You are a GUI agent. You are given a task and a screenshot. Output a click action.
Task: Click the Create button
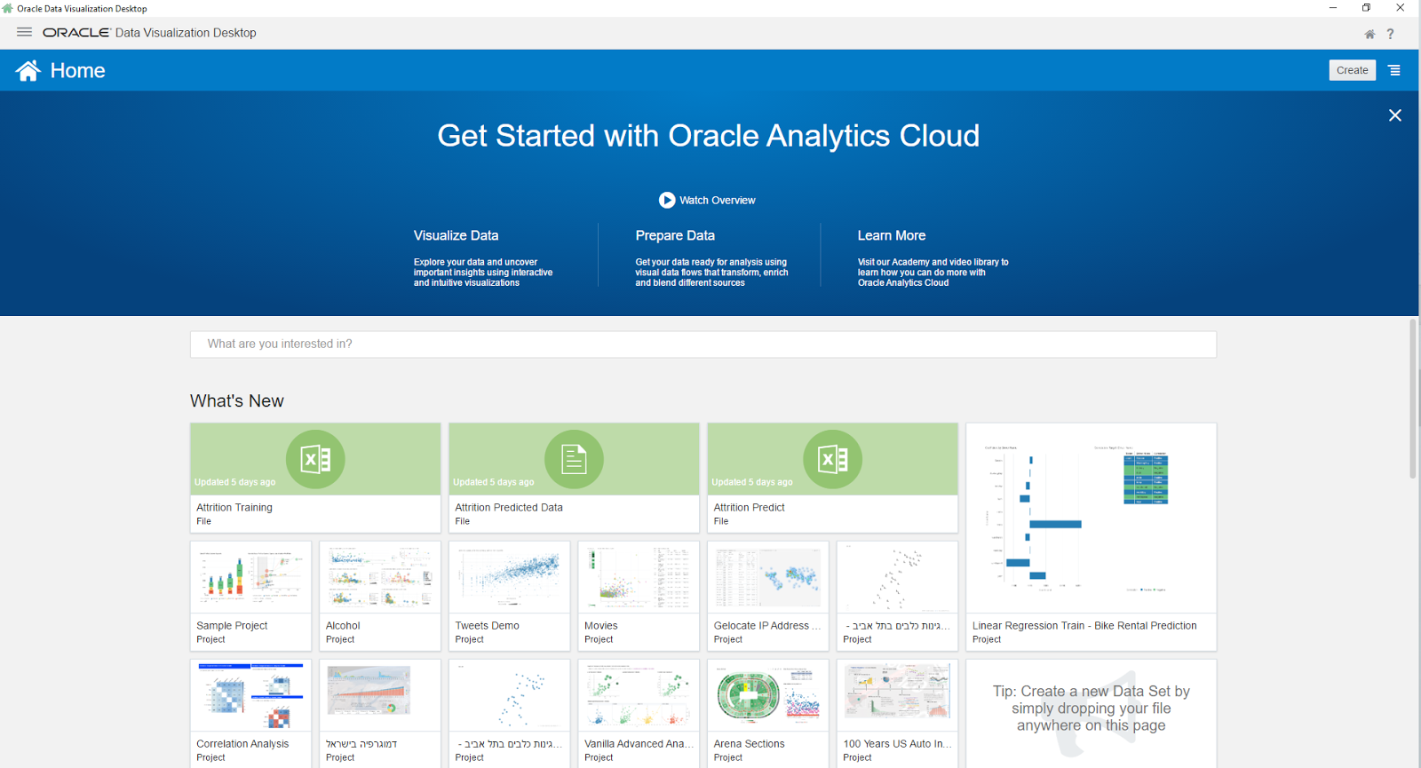(x=1352, y=70)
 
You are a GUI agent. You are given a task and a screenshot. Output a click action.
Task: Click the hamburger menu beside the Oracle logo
(x=24, y=32)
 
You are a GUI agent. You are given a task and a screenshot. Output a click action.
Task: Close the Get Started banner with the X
(x=1395, y=115)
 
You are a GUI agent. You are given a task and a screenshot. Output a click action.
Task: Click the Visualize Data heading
(x=456, y=235)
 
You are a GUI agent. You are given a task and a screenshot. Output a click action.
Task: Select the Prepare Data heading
(x=675, y=235)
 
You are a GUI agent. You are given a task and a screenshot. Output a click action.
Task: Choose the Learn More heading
(x=892, y=235)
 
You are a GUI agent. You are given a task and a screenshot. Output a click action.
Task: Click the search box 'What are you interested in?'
(x=703, y=344)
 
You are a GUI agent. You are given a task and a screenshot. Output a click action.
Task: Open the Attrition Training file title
(x=234, y=508)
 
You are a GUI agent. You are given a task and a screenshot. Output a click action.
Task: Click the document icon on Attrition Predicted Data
(x=574, y=459)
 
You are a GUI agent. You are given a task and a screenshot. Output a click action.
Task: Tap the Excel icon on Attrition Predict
(x=832, y=459)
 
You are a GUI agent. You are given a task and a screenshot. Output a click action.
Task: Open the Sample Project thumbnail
(x=250, y=577)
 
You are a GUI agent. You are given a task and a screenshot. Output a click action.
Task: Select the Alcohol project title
(x=343, y=626)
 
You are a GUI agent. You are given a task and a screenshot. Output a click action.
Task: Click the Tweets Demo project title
(x=488, y=626)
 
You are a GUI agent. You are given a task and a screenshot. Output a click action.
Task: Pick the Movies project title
(x=601, y=626)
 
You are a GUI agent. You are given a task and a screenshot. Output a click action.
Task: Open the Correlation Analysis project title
(x=242, y=744)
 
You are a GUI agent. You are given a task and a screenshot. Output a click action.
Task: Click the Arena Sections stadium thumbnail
(x=767, y=694)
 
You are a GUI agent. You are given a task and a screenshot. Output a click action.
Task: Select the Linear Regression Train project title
(x=1084, y=626)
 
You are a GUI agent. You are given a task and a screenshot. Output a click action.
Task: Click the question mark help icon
(x=1391, y=34)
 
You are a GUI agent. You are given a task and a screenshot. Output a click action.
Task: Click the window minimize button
(x=1333, y=8)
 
